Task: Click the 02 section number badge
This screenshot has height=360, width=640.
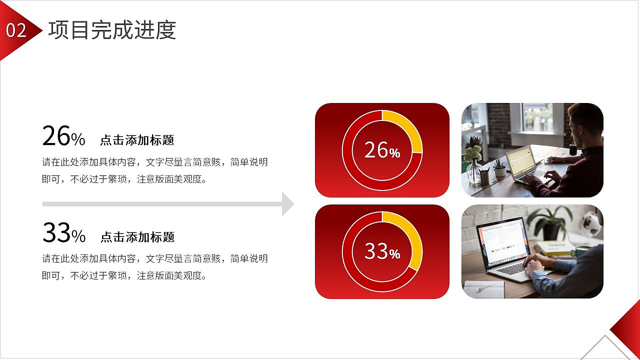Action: click(16, 31)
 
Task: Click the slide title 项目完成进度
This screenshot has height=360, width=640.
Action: click(112, 30)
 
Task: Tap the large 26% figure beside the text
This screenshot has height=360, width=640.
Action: click(63, 136)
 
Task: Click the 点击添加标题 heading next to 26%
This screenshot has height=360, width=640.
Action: click(137, 140)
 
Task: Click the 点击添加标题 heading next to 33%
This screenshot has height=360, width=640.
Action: click(137, 236)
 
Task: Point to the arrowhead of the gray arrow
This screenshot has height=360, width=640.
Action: click(287, 204)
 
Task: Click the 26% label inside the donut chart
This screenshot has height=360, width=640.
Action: click(382, 150)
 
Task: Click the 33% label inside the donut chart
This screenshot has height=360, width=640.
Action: click(382, 251)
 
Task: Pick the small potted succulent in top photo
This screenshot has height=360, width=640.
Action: click(499, 168)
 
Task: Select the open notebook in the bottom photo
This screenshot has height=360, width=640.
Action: click(483, 289)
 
